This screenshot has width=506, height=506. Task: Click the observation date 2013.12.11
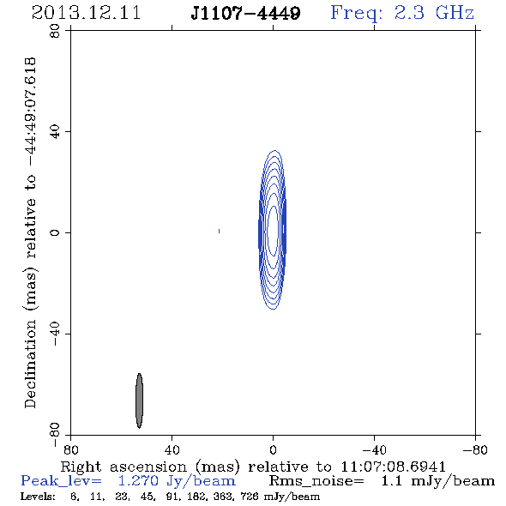click(86, 13)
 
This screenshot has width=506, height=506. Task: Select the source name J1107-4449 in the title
click(245, 13)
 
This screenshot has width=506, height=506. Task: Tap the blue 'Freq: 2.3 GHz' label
click(402, 14)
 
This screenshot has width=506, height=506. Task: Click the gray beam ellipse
click(139, 401)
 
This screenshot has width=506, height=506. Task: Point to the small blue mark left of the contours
click(219, 231)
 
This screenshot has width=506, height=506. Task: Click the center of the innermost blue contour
click(273, 231)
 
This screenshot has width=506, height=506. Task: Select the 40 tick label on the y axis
click(55, 132)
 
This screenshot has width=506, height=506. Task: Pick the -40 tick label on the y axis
click(55, 334)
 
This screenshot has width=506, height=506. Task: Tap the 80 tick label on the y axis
click(55, 31)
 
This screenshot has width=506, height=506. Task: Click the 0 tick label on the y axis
click(55, 232)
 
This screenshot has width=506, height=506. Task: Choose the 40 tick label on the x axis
click(172, 449)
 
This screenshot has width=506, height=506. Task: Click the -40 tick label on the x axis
click(374, 449)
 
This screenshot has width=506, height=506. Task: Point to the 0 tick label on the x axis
click(273, 449)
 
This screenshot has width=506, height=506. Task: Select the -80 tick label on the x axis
click(475, 449)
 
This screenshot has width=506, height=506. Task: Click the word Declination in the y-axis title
click(30, 364)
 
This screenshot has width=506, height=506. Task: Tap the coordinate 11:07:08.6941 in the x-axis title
click(393, 467)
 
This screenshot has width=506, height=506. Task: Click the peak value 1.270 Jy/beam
click(177, 481)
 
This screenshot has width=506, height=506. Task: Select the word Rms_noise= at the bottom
click(316, 481)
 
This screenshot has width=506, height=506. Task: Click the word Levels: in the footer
click(38, 496)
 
